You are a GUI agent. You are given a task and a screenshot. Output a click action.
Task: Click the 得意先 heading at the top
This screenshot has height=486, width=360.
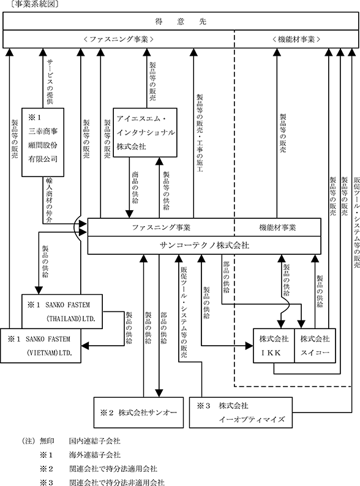181,21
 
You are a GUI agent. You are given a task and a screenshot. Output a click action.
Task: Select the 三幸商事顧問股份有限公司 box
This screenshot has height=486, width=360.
43,142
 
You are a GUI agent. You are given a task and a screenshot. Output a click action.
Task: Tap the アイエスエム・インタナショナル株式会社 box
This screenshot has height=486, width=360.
145,132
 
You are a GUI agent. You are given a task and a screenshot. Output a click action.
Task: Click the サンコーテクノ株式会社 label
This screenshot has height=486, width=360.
204,245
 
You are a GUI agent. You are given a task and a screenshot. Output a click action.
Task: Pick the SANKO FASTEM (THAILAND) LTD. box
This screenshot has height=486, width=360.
62,311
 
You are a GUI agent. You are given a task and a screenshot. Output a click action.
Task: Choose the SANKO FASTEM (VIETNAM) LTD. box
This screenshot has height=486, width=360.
40,346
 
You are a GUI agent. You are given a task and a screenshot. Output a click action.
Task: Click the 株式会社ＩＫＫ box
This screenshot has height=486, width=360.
274,346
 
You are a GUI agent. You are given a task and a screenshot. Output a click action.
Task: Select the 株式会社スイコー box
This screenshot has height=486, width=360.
315,346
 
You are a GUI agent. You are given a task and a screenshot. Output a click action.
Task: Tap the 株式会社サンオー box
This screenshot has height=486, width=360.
138,412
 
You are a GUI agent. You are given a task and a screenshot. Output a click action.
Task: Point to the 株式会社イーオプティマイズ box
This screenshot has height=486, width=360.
241,412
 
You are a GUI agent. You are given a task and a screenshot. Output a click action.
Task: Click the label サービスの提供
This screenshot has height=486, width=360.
50,82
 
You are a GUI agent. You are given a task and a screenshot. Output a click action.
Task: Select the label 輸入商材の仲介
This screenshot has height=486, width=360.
49,200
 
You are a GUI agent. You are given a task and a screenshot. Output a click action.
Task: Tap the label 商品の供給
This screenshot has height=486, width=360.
135,187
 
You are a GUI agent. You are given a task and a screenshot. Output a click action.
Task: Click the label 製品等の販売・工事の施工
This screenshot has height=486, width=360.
200,133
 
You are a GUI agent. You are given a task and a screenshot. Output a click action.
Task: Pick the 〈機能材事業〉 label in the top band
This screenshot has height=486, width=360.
296,39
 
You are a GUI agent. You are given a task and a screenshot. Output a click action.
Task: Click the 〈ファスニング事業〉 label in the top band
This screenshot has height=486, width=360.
119,39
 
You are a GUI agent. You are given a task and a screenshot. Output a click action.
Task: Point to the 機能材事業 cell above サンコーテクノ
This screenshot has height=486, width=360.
277,227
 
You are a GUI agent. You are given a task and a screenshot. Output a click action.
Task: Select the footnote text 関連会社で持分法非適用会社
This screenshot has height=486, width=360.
117,482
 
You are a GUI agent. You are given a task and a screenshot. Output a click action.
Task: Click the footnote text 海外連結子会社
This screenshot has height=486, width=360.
95,455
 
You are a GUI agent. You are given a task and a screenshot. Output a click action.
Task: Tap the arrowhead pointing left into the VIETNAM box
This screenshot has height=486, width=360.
85,345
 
